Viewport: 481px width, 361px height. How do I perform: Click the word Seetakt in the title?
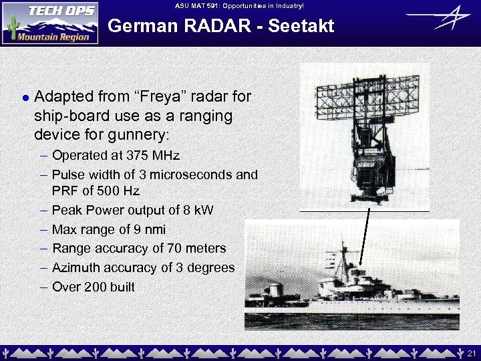[x=297, y=27]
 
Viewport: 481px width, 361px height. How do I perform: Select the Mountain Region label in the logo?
[x=53, y=37]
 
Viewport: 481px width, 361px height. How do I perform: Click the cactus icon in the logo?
[x=11, y=27]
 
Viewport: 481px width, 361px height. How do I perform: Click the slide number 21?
[x=471, y=352]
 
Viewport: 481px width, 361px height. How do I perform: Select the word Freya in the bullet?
[x=153, y=96]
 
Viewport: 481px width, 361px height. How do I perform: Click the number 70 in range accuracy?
[x=160, y=249]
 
